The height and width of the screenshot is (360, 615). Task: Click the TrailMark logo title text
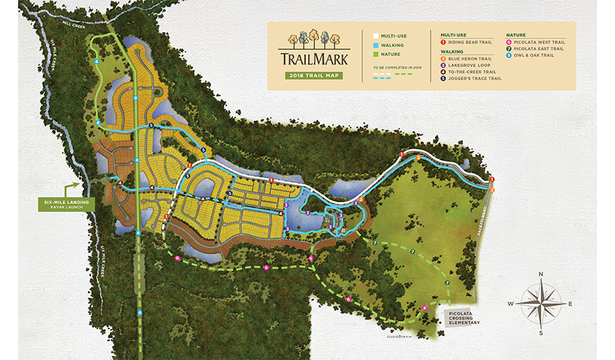(314, 58)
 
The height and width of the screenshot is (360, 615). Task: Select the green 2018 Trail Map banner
(314, 75)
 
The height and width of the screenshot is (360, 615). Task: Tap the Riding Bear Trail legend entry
(470, 42)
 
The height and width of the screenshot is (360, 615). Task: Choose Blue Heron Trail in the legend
(470, 59)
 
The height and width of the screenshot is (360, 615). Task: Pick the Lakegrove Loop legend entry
(469, 65)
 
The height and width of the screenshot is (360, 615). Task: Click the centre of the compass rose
(541, 303)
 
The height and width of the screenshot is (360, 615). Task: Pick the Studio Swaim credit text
(402, 335)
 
